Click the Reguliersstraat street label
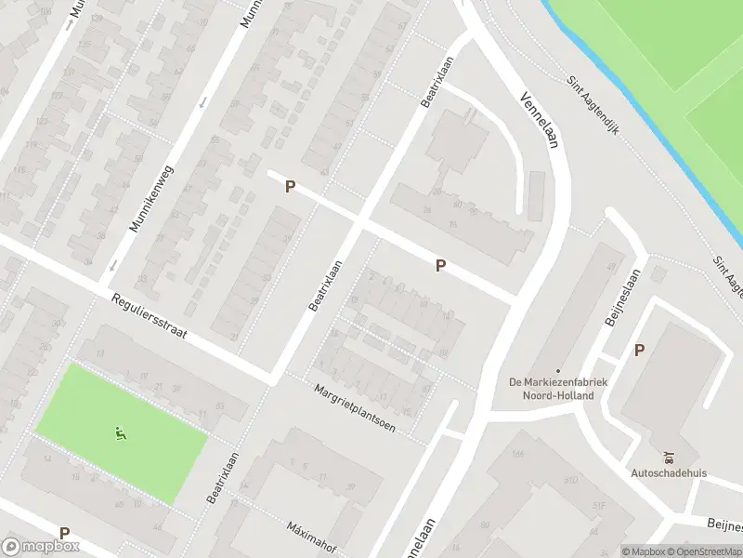(150, 318)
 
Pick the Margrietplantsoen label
(354, 408)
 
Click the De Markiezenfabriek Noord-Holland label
(557, 389)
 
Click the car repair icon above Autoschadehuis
(669, 457)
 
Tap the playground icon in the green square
(120, 432)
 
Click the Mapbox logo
(41, 548)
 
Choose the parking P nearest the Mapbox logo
(64, 533)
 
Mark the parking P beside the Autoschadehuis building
(639, 350)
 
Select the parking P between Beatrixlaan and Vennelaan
(440, 266)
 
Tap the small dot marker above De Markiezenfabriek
(557, 371)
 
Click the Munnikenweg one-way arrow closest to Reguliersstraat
(111, 265)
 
